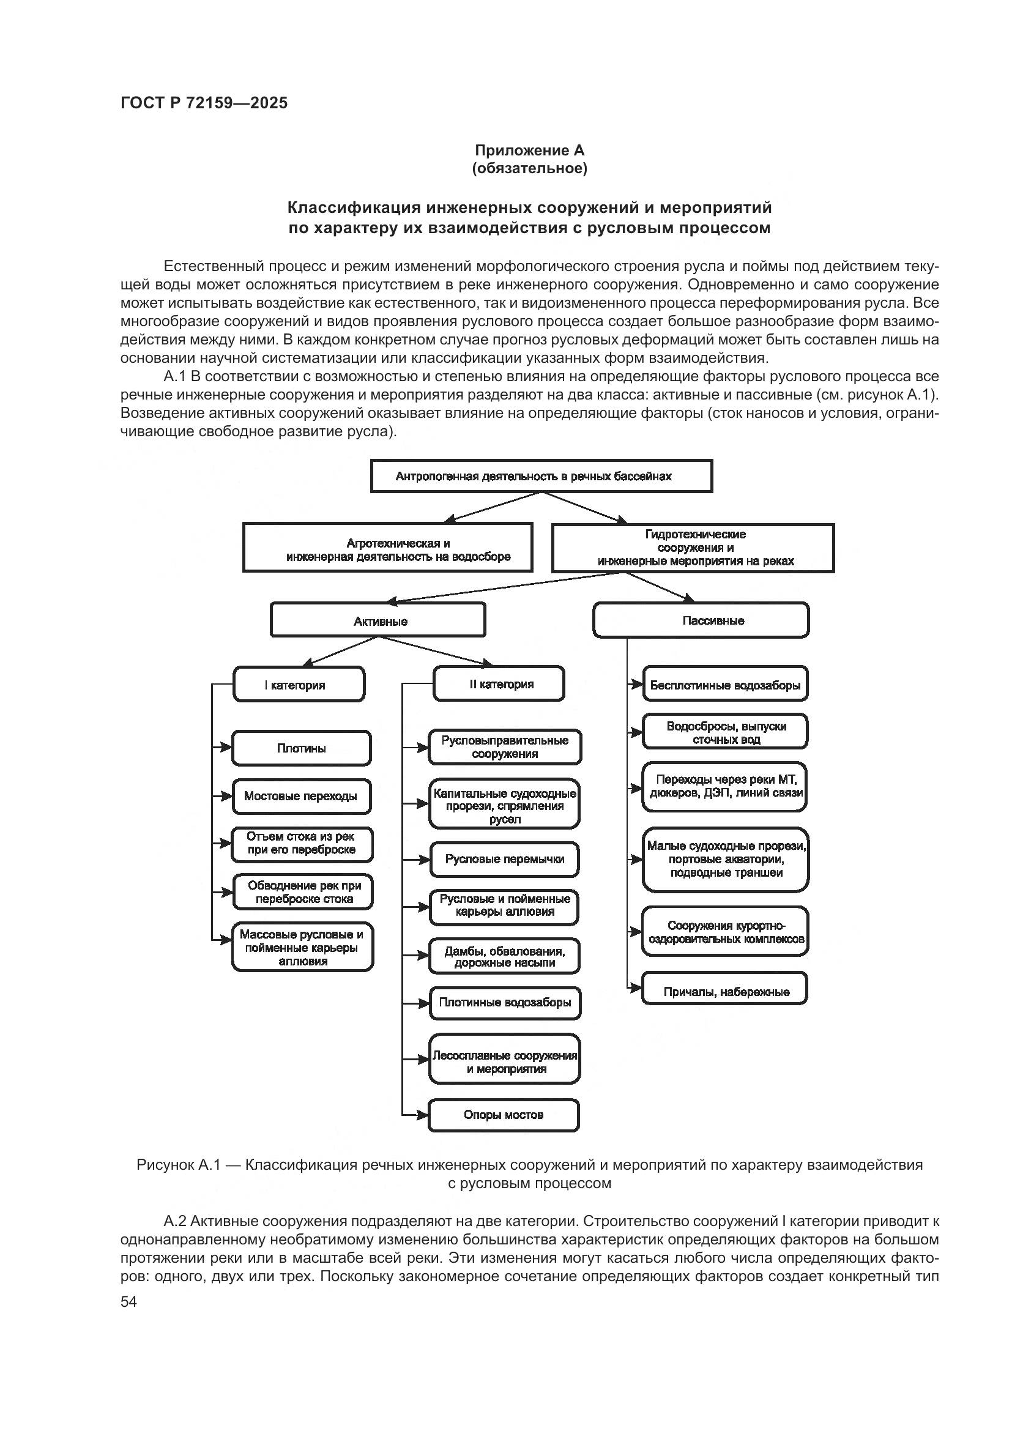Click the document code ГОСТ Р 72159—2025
tap(204, 103)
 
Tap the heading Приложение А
tap(529, 151)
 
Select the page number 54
tap(128, 1301)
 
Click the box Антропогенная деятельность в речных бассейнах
tap(541, 476)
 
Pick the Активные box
tap(378, 621)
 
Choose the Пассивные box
tap(701, 620)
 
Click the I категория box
tap(299, 685)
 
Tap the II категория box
tap(499, 684)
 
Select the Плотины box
tap(302, 748)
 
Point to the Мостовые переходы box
tap(302, 796)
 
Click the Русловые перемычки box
tap(504, 860)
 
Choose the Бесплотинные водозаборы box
tap(724, 685)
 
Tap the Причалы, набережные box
tap(724, 991)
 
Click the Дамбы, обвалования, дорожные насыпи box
tap(504, 957)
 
